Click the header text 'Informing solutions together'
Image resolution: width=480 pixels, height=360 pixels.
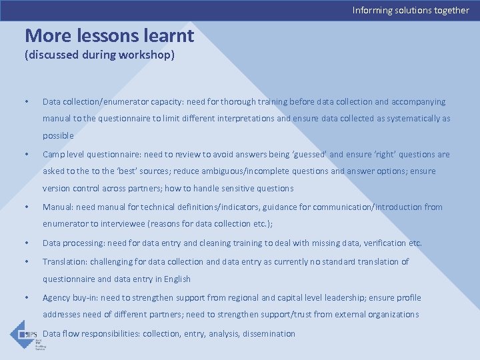(411, 10)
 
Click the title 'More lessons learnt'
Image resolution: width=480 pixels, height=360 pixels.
(109, 35)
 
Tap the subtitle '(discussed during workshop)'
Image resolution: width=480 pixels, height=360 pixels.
(99, 55)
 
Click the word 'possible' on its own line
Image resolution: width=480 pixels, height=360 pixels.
(58, 136)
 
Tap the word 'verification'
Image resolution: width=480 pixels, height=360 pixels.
(383, 243)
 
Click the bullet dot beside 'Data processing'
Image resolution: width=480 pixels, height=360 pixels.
(26, 243)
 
